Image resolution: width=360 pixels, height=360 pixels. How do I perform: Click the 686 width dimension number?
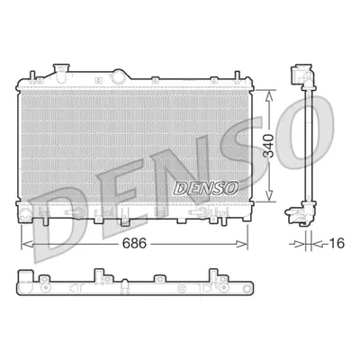click(x=134, y=243)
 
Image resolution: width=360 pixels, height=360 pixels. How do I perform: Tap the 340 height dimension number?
click(x=268, y=146)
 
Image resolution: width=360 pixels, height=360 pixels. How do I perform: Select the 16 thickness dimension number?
click(x=336, y=243)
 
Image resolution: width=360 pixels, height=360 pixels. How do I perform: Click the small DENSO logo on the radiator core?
click(x=206, y=188)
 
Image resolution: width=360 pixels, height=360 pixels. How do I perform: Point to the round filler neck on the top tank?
click(x=119, y=76)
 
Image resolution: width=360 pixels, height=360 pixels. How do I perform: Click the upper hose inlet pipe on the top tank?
click(x=61, y=73)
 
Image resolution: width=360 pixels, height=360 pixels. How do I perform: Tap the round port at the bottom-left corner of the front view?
click(x=24, y=214)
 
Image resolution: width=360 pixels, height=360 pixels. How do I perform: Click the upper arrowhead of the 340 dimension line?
click(x=270, y=96)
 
